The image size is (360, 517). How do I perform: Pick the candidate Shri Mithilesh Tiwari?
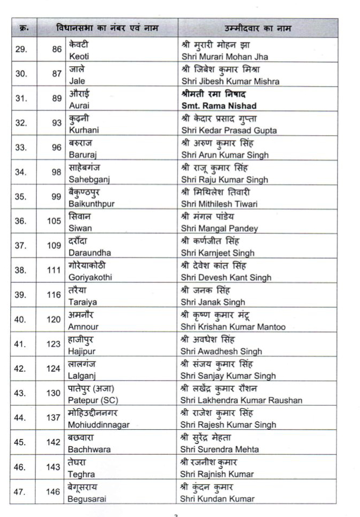click(220, 204)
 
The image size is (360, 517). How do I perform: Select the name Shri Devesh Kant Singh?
click(226, 278)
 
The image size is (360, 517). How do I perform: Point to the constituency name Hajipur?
click(81, 352)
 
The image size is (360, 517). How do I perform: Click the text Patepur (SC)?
click(91, 401)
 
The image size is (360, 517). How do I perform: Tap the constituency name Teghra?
click(81, 474)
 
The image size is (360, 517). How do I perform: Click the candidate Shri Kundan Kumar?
click(217, 499)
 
